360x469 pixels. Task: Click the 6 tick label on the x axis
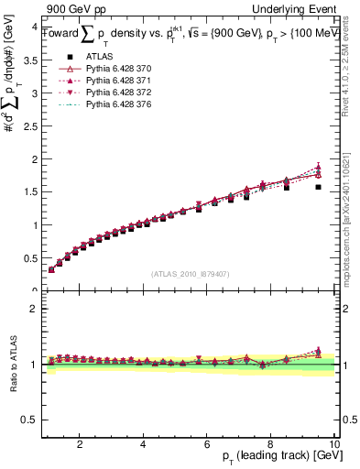tap(207, 444)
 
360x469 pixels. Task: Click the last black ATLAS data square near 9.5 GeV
tap(318, 187)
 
